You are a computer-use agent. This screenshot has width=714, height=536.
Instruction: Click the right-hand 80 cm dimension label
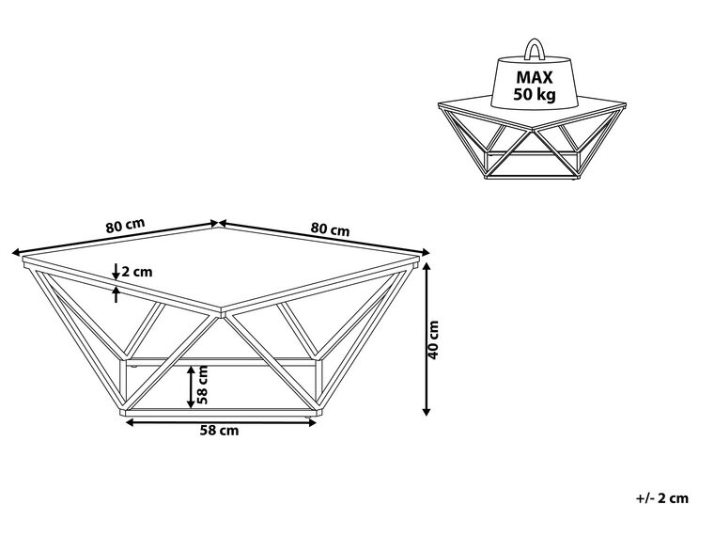(x=330, y=229)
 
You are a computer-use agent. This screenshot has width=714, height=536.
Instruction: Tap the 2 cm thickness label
(x=137, y=272)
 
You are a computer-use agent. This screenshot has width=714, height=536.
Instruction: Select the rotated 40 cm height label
(x=433, y=339)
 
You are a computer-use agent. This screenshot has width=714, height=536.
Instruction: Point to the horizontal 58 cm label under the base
(x=219, y=431)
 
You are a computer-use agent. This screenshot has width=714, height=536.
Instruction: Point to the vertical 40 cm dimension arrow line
(x=427, y=339)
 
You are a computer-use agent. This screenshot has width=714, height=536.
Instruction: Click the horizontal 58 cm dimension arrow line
(x=219, y=421)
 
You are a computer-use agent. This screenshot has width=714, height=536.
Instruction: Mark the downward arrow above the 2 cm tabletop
(x=116, y=273)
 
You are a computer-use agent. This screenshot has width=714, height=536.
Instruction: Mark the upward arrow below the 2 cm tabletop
(x=116, y=294)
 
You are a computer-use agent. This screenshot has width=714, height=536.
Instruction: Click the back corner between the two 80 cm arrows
(x=218, y=224)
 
